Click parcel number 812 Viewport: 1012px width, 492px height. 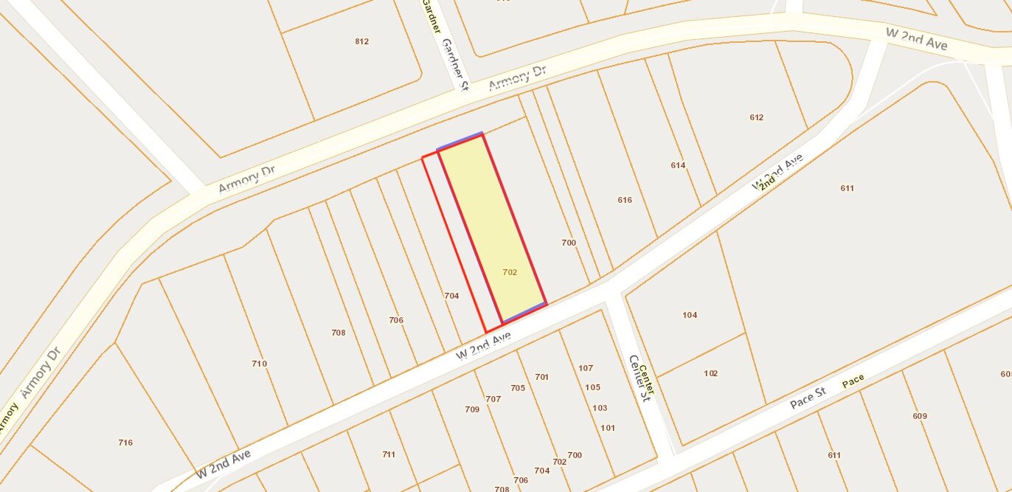pyautogui.click(x=361, y=41)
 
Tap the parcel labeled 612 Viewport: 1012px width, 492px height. pyautogui.click(x=756, y=117)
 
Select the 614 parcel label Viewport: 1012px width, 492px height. pyautogui.click(x=678, y=165)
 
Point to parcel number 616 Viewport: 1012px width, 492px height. pyautogui.click(x=625, y=200)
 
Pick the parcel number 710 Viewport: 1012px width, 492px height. pyautogui.click(x=259, y=364)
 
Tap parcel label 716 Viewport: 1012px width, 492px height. pyautogui.click(x=125, y=443)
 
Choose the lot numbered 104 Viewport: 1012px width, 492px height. pyautogui.click(x=690, y=315)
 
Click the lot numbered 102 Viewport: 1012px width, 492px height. pyautogui.click(x=710, y=373)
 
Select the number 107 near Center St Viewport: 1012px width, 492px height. pyautogui.click(x=586, y=368)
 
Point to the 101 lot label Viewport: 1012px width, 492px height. pyautogui.click(x=608, y=428)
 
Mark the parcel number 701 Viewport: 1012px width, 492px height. pyautogui.click(x=542, y=377)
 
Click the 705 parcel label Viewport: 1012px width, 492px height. pyautogui.click(x=517, y=388)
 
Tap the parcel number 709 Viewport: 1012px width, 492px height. pyautogui.click(x=472, y=409)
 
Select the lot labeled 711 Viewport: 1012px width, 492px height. pyautogui.click(x=389, y=454)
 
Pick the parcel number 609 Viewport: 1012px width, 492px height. pyautogui.click(x=919, y=416)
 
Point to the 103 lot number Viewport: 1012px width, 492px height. pyautogui.click(x=600, y=408)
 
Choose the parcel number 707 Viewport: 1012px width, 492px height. pyautogui.click(x=493, y=399)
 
